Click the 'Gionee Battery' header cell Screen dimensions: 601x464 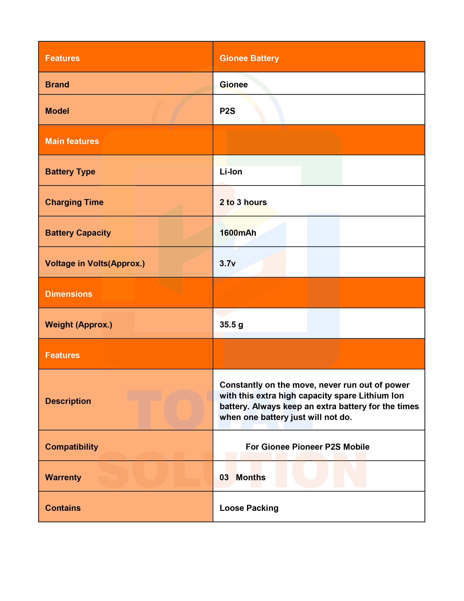(249, 58)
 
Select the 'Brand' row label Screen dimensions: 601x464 (57, 85)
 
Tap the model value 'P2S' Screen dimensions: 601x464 (227, 111)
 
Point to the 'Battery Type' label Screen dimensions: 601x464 (70, 172)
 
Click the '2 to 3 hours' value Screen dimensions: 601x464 (243, 202)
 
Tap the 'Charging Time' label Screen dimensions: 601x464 (74, 202)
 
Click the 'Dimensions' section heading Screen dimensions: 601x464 (69, 294)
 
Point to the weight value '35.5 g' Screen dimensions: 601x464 (231, 325)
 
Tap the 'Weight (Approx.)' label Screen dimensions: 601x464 (79, 325)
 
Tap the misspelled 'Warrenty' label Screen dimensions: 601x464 (63, 478)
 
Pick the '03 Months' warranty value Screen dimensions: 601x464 (242, 478)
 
